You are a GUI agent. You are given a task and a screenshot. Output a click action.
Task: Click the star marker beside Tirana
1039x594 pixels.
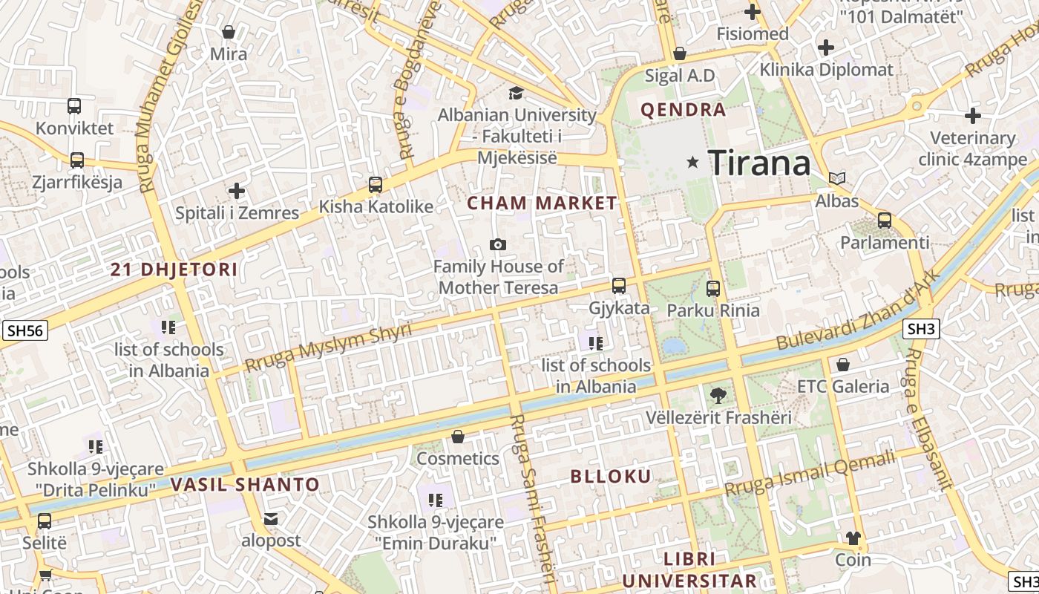click(x=692, y=162)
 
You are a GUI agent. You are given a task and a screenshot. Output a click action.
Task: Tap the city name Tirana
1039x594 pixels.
click(x=759, y=163)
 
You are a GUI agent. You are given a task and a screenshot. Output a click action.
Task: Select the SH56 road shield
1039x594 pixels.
click(x=25, y=330)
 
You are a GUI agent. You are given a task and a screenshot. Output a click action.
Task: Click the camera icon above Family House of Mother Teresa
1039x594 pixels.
click(x=498, y=244)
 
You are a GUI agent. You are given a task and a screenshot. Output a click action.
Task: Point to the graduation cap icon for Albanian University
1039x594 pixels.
click(x=516, y=93)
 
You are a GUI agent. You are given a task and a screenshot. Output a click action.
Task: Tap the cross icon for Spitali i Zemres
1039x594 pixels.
click(x=237, y=191)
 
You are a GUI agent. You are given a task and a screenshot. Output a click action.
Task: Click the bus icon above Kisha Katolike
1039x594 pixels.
click(x=376, y=184)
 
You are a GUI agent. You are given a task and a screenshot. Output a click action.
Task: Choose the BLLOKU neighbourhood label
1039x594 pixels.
click(x=611, y=477)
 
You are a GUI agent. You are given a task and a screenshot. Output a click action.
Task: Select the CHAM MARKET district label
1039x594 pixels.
click(x=542, y=203)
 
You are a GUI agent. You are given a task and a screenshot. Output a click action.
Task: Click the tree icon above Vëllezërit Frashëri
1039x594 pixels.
click(x=718, y=395)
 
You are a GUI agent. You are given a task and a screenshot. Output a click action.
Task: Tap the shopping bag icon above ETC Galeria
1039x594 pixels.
click(x=842, y=365)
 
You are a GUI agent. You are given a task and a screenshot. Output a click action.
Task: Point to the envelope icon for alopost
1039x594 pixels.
click(x=271, y=519)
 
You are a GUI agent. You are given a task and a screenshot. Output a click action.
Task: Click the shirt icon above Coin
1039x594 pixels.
click(x=853, y=538)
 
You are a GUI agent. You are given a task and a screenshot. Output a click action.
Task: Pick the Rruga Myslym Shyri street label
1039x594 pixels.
click(x=328, y=347)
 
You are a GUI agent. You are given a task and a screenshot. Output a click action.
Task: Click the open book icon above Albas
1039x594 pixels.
click(x=837, y=178)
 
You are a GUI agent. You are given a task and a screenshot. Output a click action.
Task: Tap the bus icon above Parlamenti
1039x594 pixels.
click(x=884, y=220)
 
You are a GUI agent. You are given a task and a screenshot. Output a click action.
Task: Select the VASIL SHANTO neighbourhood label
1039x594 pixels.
click(x=245, y=485)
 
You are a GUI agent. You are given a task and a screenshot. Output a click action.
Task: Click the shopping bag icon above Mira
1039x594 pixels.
click(x=229, y=32)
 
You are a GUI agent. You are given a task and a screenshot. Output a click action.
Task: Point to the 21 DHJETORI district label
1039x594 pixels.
click(x=174, y=270)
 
